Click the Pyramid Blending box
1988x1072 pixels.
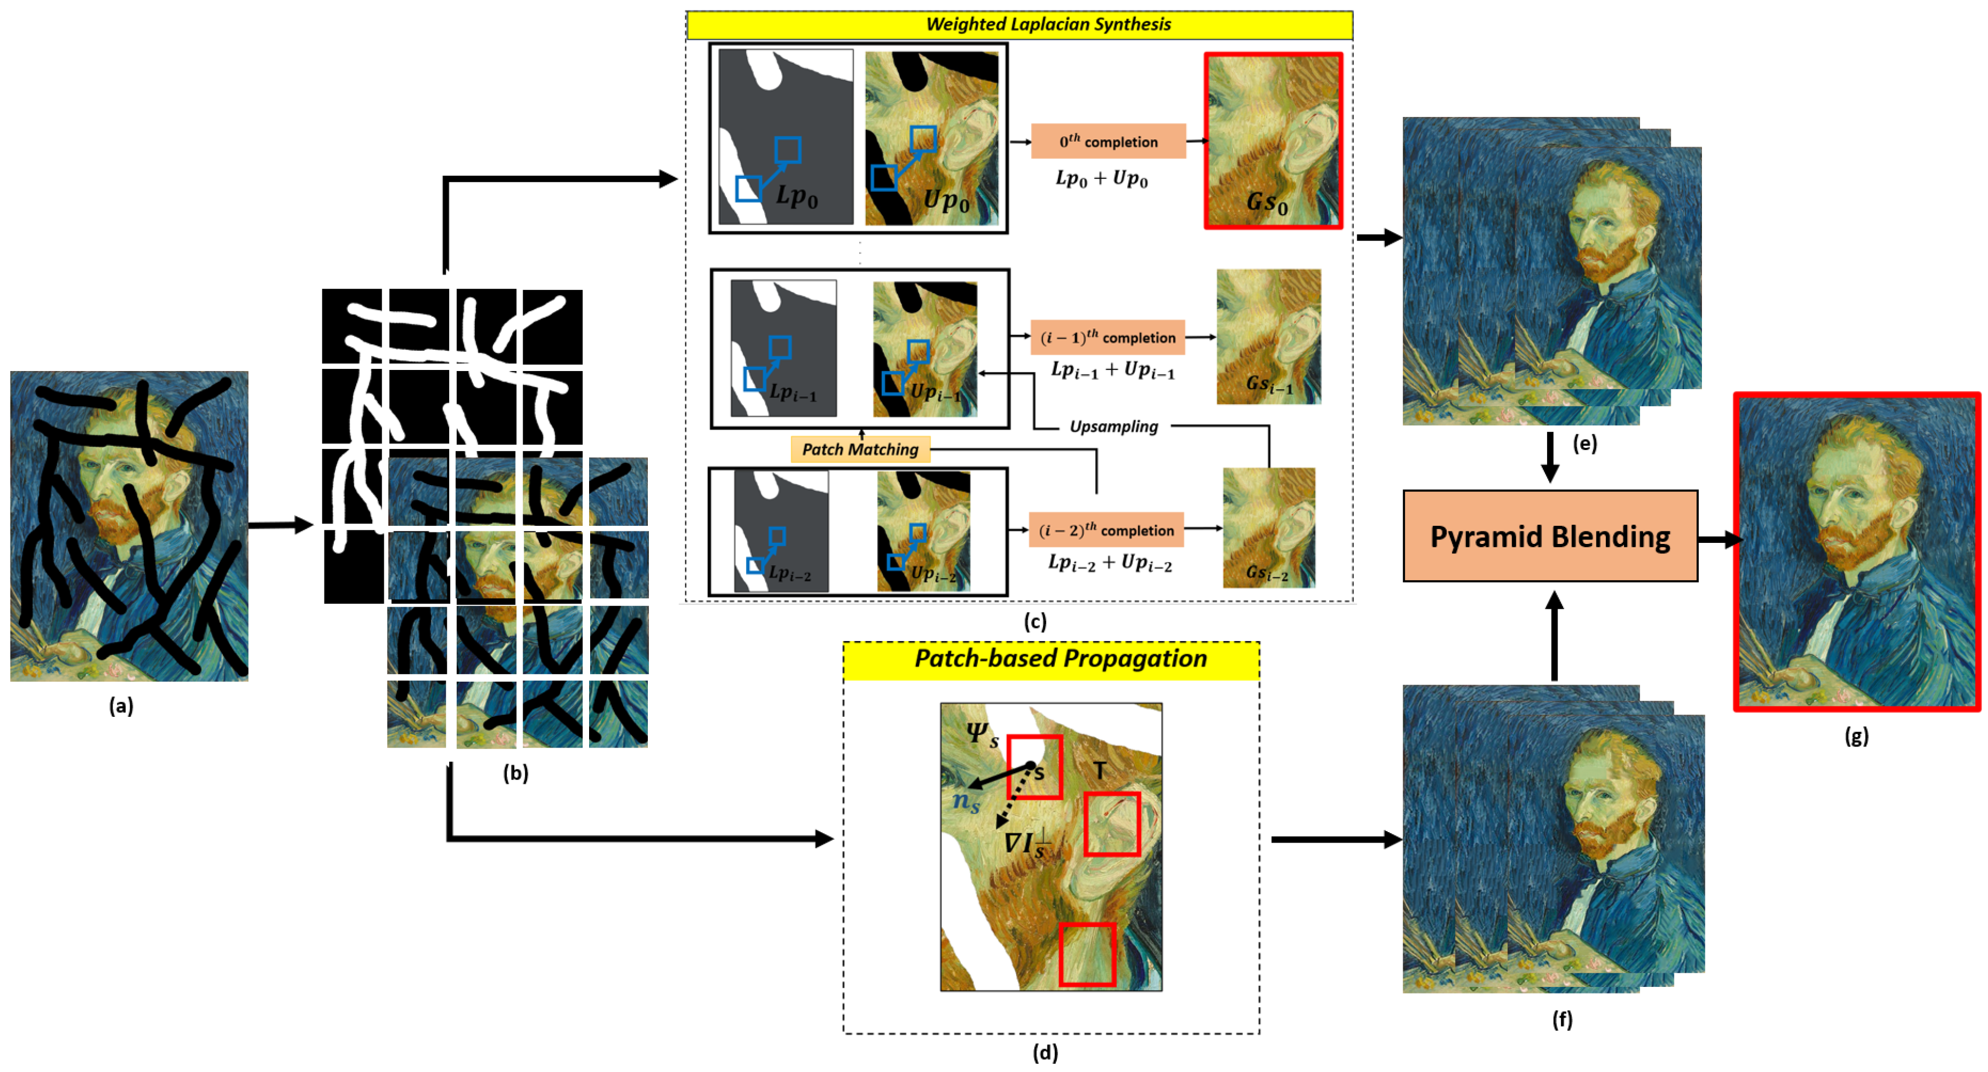click(1550, 536)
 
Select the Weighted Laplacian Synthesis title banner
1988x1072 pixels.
click(1018, 25)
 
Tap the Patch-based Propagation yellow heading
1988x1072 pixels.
click(1051, 660)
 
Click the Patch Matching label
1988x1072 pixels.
click(860, 449)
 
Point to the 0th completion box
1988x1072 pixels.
click(1108, 141)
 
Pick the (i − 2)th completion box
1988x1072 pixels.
click(1106, 530)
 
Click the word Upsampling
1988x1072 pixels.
click(1113, 427)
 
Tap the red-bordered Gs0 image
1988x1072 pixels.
click(1273, 141)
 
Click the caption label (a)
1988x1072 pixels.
click(121, 705)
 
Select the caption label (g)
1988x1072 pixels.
click(1856, 736)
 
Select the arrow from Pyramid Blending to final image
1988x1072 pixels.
click(1720, 540)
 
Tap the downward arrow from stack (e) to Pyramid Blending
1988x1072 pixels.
click(1550, 458)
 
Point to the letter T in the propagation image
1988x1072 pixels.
click(1099, 770)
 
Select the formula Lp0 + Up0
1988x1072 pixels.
click(1101, 179)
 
